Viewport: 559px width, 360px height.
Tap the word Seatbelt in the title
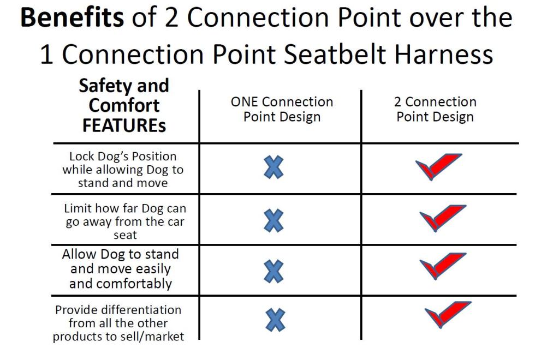335,54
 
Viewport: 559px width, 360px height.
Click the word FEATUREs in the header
124,125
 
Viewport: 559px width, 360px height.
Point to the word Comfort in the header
124,105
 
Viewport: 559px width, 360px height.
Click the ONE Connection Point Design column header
282,109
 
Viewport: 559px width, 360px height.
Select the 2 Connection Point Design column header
435,109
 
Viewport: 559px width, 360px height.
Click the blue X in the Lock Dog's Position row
274,167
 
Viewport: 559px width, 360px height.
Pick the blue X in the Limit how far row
274,221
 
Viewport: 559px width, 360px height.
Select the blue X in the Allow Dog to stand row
274,271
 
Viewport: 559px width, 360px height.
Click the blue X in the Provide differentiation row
276,320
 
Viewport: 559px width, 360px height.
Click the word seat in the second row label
125,235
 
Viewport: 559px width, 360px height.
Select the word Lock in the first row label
82,157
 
